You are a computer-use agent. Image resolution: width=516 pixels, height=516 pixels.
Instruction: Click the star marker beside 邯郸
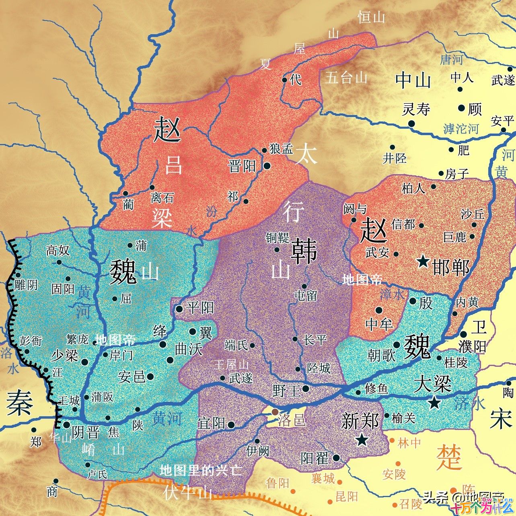423,262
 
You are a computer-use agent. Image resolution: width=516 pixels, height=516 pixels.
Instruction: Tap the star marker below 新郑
362,440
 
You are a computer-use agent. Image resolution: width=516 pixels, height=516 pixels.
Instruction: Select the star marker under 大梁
434,403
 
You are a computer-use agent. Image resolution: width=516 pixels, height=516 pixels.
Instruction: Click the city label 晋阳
242,165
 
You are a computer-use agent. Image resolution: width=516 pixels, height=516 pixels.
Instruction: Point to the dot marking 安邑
150,376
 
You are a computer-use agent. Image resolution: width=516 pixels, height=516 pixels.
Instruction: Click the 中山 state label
413,80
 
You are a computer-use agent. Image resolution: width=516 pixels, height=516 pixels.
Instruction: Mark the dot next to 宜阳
231,425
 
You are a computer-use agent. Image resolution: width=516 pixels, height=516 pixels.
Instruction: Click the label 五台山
346,77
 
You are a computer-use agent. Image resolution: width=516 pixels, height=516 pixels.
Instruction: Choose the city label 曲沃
189,349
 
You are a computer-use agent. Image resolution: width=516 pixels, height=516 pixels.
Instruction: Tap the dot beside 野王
306,389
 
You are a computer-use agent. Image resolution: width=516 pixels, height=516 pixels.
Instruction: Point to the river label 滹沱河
461,129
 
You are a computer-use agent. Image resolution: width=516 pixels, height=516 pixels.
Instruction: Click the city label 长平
315,340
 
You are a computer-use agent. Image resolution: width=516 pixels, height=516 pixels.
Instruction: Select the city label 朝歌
381,355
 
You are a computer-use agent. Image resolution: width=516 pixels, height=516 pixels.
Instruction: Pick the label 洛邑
291,420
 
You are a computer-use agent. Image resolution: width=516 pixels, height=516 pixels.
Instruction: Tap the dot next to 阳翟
336,458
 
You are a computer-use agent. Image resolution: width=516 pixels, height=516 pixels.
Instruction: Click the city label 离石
162,197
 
